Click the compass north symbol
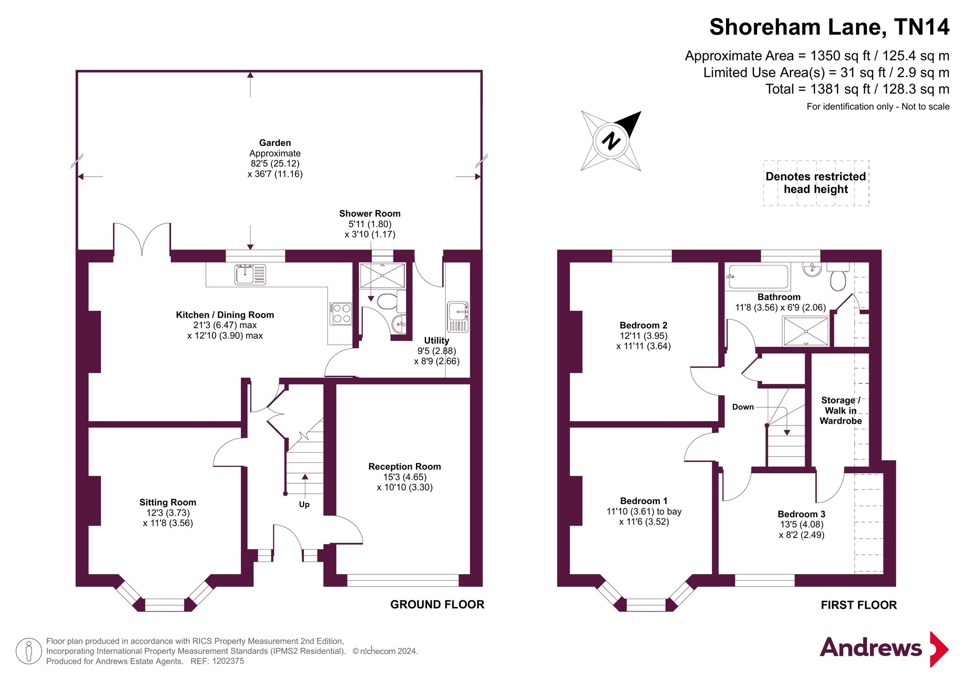[x=611, y=141]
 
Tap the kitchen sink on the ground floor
[x=250, y=274]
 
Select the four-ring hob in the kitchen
[x=341, y=313]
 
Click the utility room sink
[x=458, y=316]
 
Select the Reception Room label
[x=404, y=477]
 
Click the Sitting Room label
[x=168, y=513]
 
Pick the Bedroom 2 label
[x=643, y=336]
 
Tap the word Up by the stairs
[x=304, y=505]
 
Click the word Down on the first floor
[x=743, y=407]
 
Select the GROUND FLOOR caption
[x=437, y=604]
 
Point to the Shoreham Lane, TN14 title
[x=829, y=27]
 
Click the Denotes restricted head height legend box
[x=816, y=183]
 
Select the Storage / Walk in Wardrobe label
[x=841, y=410]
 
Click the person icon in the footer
[x=29, y=651]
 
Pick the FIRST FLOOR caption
[x=859, y=605]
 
